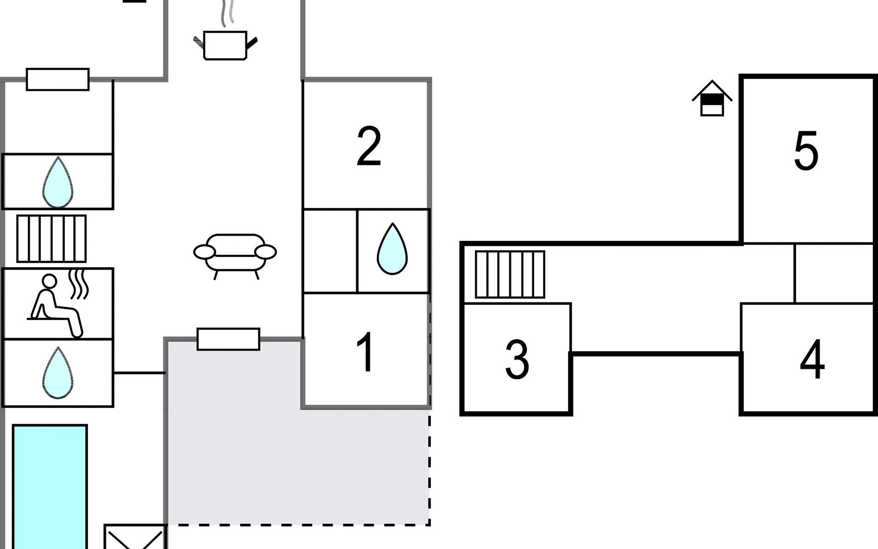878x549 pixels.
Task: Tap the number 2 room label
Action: [x=369, y=146]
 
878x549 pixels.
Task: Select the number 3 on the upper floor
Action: [x=517, y=360]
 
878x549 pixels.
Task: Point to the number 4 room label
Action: [x=812, y=360]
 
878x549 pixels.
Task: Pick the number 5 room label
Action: [x=806, y=151]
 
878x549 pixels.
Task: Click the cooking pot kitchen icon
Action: [x=225, y=45]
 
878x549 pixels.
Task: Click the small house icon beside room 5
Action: [x=712, y=99]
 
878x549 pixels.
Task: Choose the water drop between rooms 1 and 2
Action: [x=392, y=249]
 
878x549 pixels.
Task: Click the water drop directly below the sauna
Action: [x=58, y=373]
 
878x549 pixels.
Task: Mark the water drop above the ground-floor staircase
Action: [x=58, y=182]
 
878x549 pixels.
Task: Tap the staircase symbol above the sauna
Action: [x=52, y=238]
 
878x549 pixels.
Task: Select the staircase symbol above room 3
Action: [x=510, y=274]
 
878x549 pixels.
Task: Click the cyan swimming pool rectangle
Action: [x=50, y=485]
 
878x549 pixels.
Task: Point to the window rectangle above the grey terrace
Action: [x=228, y=339]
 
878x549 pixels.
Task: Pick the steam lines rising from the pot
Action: [x=227, y=13]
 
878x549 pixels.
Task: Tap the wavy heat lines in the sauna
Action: [x=79, y=284]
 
